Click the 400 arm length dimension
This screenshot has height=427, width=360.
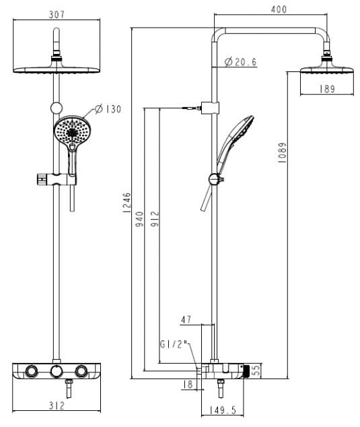click(278, 9)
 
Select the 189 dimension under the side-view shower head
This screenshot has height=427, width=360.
click(327, 88)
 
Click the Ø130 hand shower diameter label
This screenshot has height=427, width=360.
click(107, 108)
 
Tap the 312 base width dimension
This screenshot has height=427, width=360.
click(56, 405)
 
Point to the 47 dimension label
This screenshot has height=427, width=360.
click(186, 321)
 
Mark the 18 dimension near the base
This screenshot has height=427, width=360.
click(188, 385)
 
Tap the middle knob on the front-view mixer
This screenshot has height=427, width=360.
click(57, 372)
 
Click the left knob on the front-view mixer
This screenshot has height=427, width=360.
click(31, 372)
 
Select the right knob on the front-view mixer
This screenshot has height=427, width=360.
click(82, 372)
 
